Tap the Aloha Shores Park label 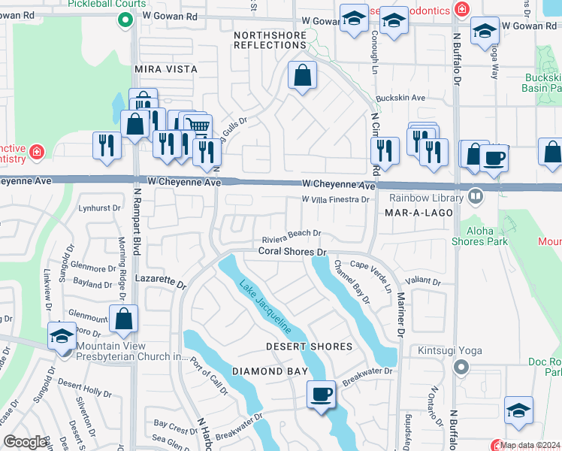(479, 235)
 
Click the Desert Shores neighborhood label (309, 347)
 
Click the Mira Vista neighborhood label (165, 69)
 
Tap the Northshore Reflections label (270, 40)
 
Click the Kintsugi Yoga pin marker (461, 368)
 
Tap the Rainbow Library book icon (475, 198)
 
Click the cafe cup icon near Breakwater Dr (322, 394)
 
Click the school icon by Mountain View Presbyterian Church (61, 335)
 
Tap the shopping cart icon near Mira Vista (198, 125)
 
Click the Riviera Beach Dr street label (292, 234)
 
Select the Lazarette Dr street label (159, 281)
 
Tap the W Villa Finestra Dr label (335, 200)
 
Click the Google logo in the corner (26, 442)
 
